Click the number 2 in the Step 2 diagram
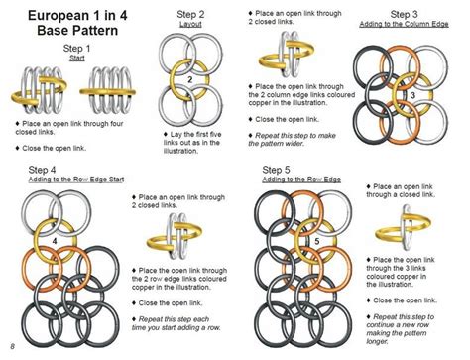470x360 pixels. pos(189,79)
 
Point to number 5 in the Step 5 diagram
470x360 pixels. pos(315,241)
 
